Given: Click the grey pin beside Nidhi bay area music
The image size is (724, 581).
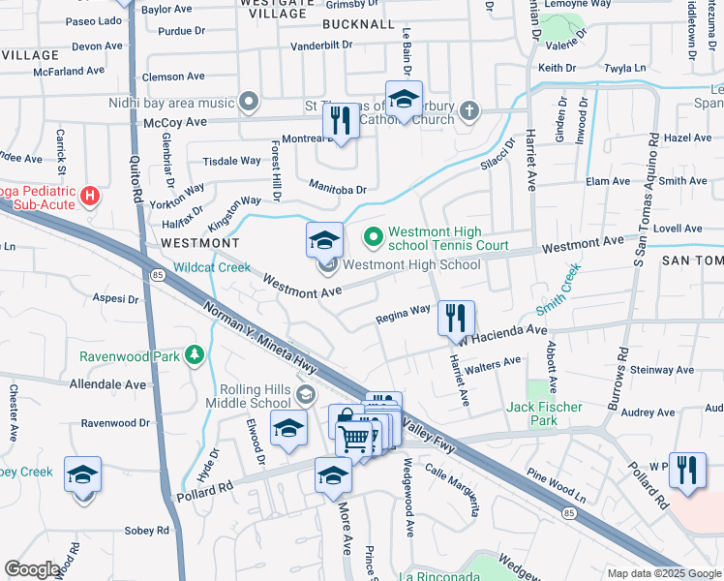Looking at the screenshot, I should point(250,102).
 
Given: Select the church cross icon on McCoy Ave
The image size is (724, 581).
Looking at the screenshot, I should point(469,109).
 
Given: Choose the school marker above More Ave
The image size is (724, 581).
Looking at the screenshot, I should point(333,476).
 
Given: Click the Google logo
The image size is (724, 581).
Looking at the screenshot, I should point(33,569).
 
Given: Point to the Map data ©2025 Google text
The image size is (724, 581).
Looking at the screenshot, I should point(663,573).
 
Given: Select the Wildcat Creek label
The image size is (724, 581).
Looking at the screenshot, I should point(211,267).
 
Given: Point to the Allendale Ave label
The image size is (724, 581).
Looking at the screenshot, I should point(107,383).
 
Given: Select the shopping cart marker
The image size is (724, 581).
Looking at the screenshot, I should point(355,439).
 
